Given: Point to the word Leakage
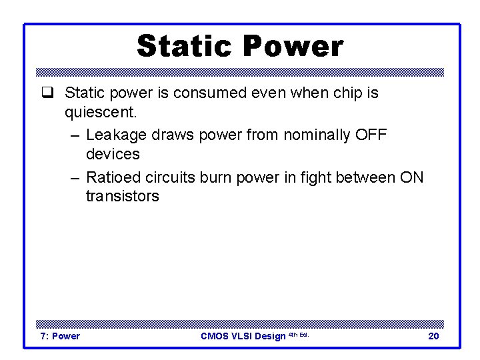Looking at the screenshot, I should pos(117,135).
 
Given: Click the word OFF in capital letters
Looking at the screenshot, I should pos(371,135).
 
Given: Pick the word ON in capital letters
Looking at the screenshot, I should pos(411,177).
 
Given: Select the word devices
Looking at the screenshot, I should pos(113,154).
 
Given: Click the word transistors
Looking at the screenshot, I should pos(122,196).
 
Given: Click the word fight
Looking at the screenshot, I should pos(313,177).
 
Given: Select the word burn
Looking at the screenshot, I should pos(227,177).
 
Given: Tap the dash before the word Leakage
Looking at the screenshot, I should pos(74,135).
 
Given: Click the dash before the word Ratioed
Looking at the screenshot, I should pos(74,178).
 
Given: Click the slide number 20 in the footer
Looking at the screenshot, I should pos(433,336).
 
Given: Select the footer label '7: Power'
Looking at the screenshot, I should pos(60,336).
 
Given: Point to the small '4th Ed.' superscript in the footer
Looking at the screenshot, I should pos(298,334).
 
